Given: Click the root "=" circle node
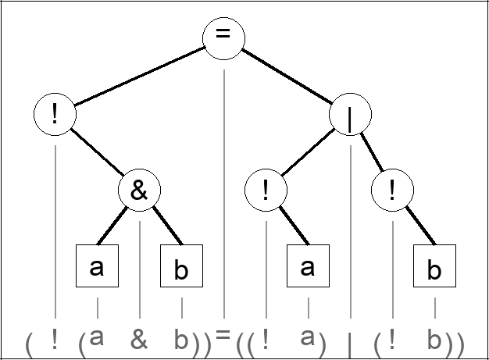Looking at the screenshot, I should [x=223, y=37].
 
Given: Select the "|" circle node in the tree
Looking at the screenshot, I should [x=350, y=118].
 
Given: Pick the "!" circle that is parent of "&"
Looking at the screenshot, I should [x=55, y=115].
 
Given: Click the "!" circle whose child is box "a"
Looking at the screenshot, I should [x=266, y=191].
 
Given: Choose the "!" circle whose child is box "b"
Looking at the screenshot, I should [x=392, y=191].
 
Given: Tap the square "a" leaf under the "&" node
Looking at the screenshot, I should [x=97, y=266].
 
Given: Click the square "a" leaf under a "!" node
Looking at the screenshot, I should [x=308, y=266].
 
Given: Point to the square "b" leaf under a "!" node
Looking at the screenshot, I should [x=434, y=269].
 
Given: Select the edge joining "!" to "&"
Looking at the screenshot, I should [x=97, y=153].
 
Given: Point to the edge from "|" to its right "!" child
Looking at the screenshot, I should [x=371, y=155].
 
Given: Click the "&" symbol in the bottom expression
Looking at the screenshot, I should [x=139, y=339].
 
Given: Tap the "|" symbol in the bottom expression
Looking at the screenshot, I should [x=350, y=341].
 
